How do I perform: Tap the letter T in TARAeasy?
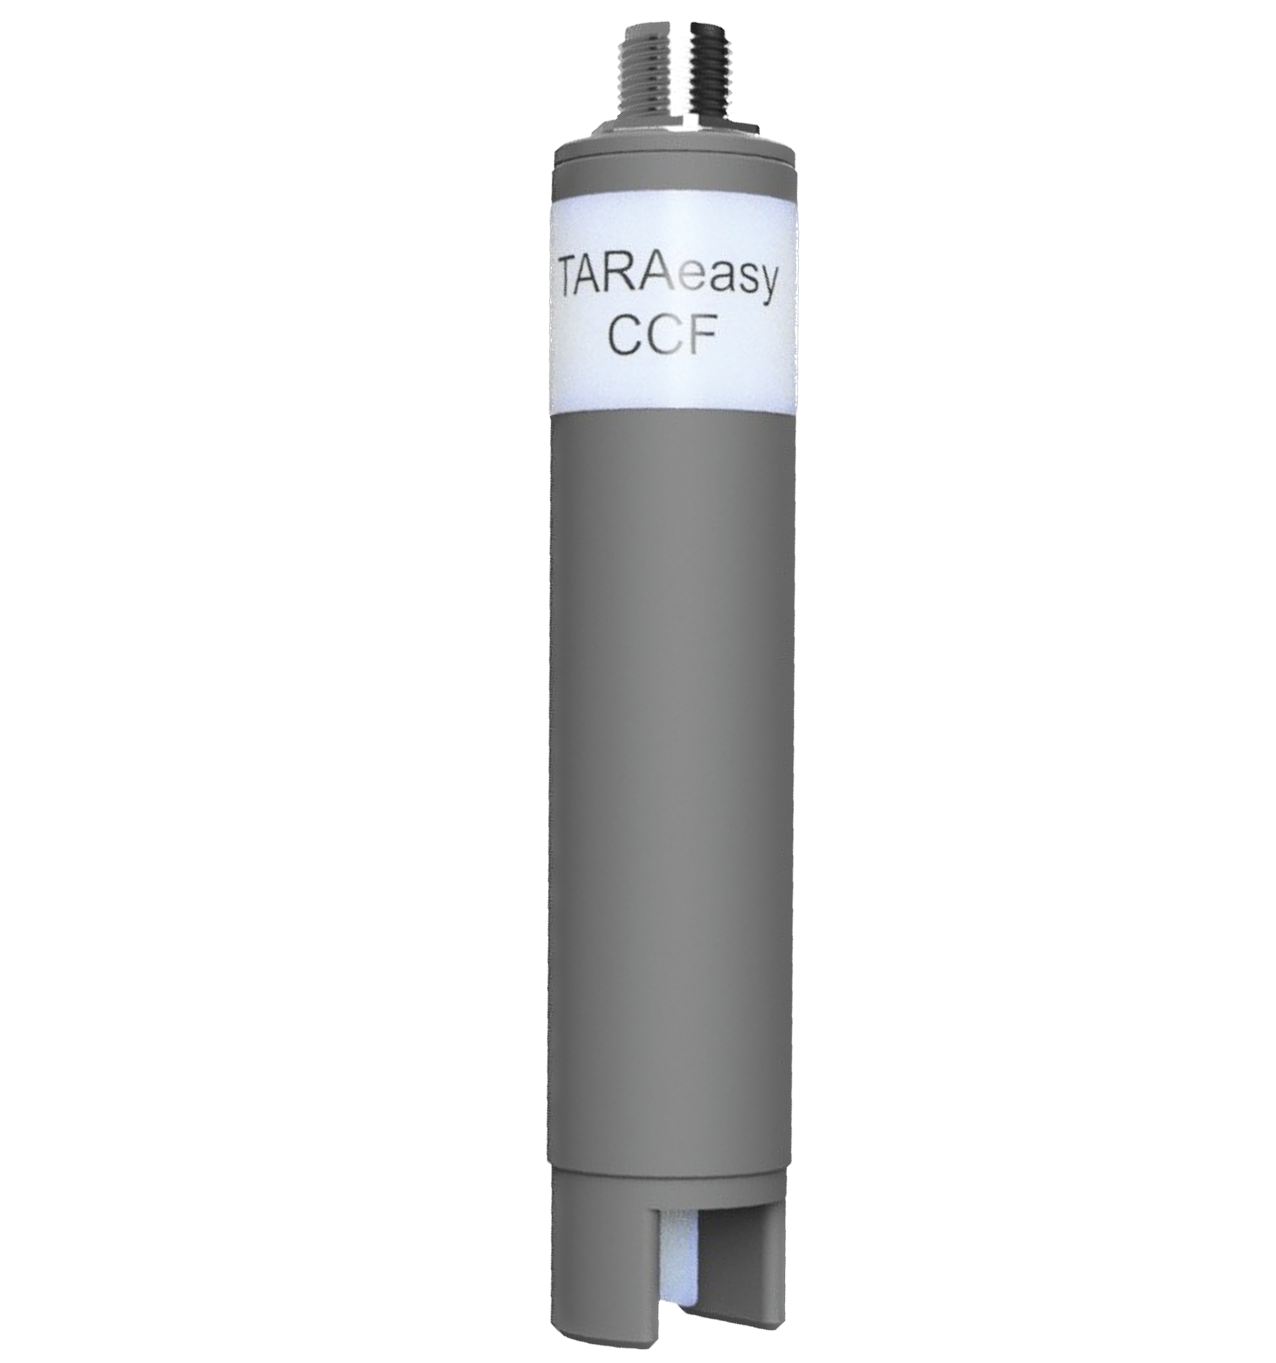(x=574, y=284)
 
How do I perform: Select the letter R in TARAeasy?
(x=632, y=284)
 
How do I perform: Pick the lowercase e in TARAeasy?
(x=692, y=289)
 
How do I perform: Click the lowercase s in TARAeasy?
(x=738, y=289)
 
